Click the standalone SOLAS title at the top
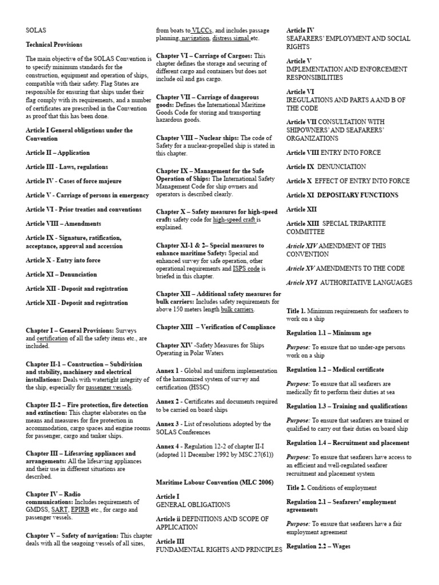coord(35,30)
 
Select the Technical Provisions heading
coord(54,45)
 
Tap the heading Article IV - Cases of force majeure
coord(73,181)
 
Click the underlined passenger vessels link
coord(109,388)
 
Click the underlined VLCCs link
coord(206,30)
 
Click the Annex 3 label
coord(168,424)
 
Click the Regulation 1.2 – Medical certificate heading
coord(335,370)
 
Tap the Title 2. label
coord(298,488)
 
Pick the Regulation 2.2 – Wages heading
coord(318,546)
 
